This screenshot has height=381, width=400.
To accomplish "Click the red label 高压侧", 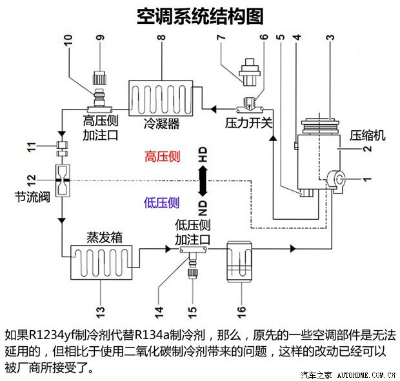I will click(162, 157).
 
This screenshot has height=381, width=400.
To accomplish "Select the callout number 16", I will click(242, 309).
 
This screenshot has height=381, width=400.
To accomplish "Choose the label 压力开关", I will click(248, 122).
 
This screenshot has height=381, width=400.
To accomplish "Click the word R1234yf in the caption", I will click(51, 336).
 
